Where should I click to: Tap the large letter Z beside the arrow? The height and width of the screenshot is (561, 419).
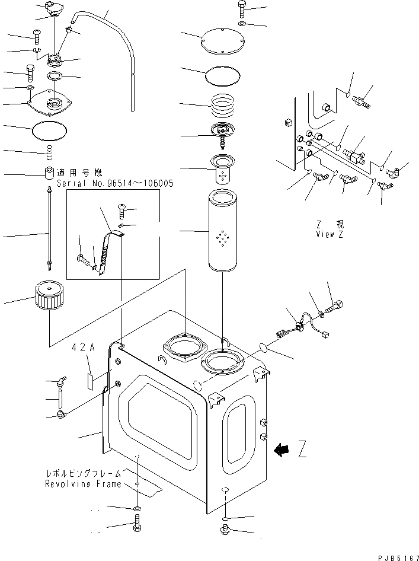click(x=302, y=451)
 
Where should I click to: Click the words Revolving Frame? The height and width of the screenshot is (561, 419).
click(x=83, y=484)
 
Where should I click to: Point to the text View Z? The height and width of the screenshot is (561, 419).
click(x=330, y=234)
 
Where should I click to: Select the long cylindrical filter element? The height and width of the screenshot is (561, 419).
click(x=223, y=231)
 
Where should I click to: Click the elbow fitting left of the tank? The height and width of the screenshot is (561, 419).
click(x=60, y=384)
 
